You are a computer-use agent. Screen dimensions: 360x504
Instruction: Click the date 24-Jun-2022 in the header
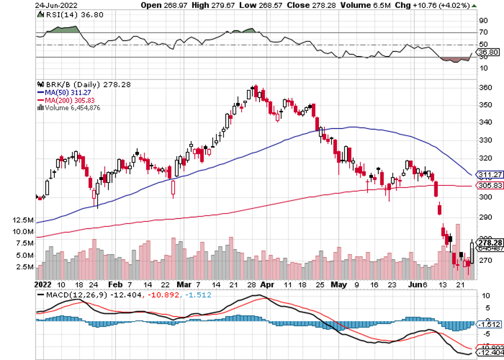pyautogui.click(x=54, y=5)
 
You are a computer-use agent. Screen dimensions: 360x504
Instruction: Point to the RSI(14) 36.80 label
pyautogui.click(x=67, y=15)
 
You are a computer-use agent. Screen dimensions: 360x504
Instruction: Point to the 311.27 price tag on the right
pyautogui.click(x=488, y=174)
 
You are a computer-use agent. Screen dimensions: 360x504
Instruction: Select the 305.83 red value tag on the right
pyautogui.click(x=488, y=186)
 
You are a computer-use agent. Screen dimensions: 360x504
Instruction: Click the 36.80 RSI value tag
pyautogui.click(x=489, y=52)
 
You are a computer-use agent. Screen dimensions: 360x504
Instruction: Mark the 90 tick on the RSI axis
pyautogui.click(x=483, y=21)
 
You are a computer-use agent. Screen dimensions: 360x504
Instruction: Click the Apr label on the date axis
pyautogui.click(x=265, y=283)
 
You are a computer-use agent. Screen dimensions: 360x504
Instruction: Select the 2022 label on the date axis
pyautogui.click(x=42, y=283)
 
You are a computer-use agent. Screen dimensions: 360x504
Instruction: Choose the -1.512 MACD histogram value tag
pyautogui.click(x=489, y=325)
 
